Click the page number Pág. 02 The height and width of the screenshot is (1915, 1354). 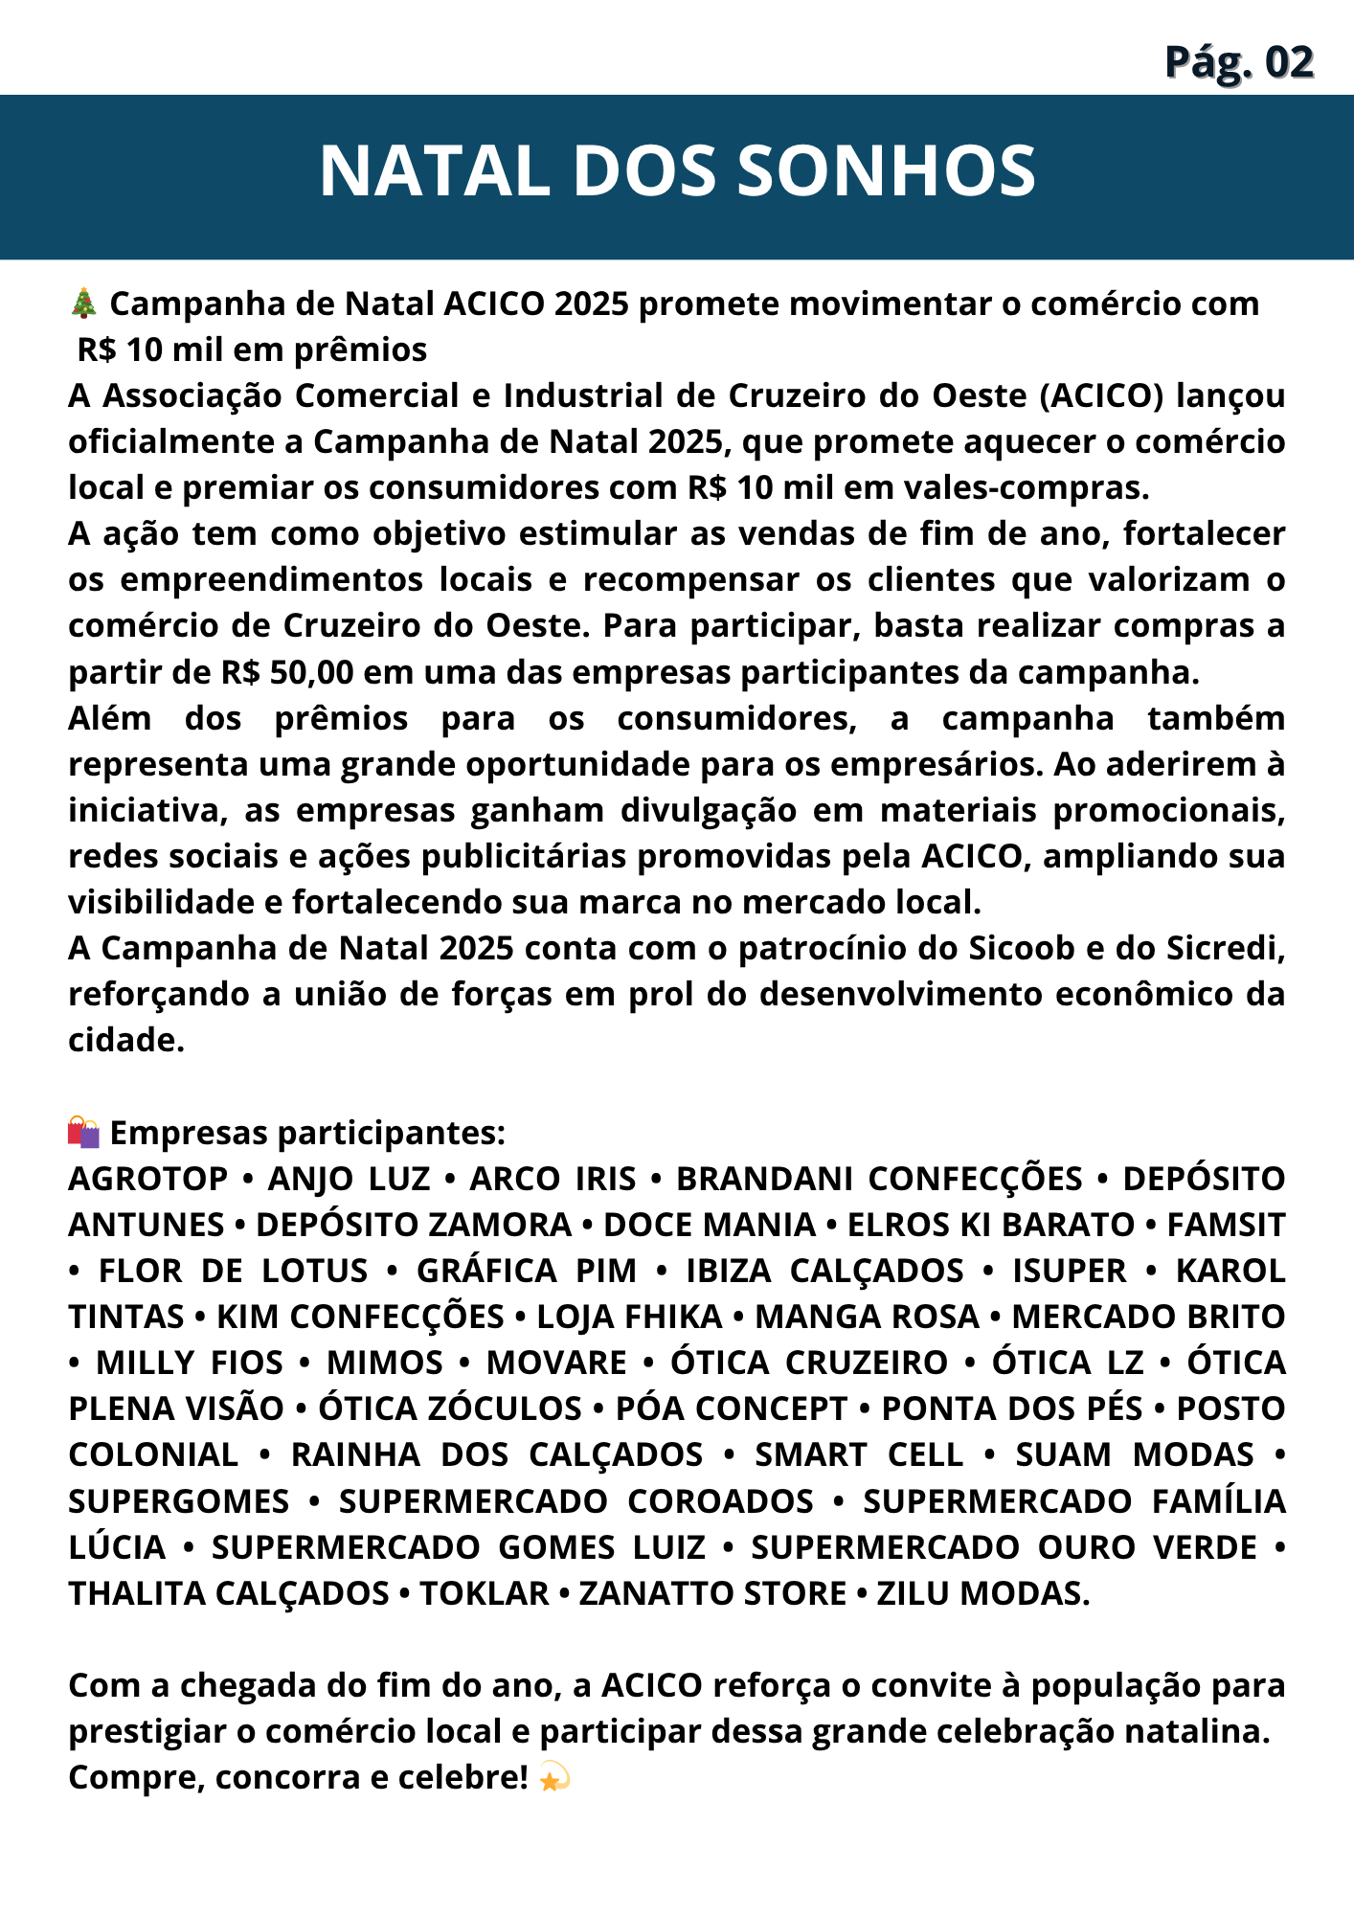point(1239,62)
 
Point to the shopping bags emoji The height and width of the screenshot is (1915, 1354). point(84,1132)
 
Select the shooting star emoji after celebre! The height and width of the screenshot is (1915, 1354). point(554,1778)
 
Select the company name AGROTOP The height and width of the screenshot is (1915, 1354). point(148,1179)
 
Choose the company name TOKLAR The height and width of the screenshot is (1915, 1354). point(484,1593)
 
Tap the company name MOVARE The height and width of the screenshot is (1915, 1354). point(556,1363)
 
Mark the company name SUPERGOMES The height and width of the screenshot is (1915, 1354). point(179,1501)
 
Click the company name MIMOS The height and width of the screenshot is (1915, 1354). point(385,1363)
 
